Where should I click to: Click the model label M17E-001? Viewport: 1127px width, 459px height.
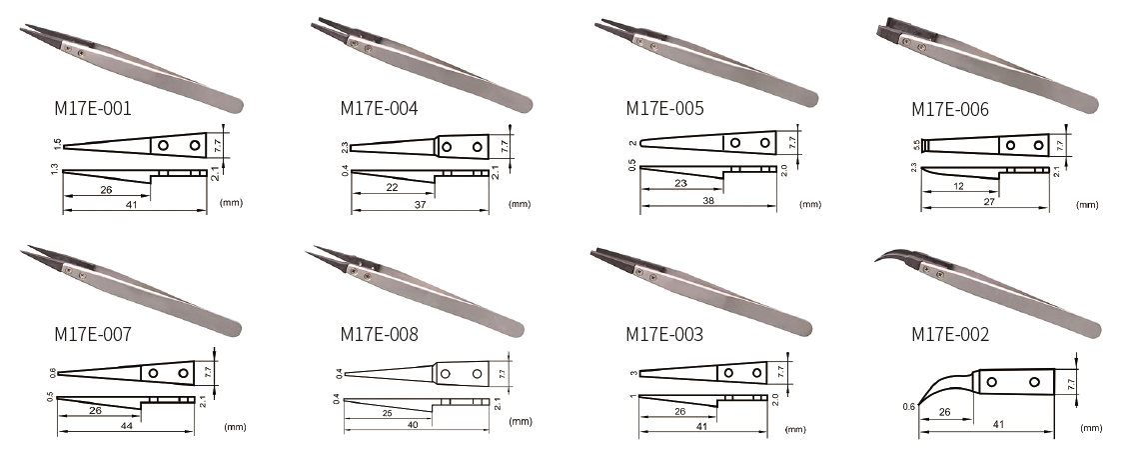[93, 109]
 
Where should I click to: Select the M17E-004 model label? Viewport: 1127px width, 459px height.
[379, 109]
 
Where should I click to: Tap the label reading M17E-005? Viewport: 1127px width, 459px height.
[664, 109]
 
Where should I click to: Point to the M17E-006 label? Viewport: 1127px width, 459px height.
[950, 110]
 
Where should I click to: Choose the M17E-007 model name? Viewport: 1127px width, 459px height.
[93, 335]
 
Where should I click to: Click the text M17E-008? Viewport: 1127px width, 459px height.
[379, 335]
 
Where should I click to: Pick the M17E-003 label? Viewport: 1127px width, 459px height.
[664, 335]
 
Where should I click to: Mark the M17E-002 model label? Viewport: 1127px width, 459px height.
[950, 335]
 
